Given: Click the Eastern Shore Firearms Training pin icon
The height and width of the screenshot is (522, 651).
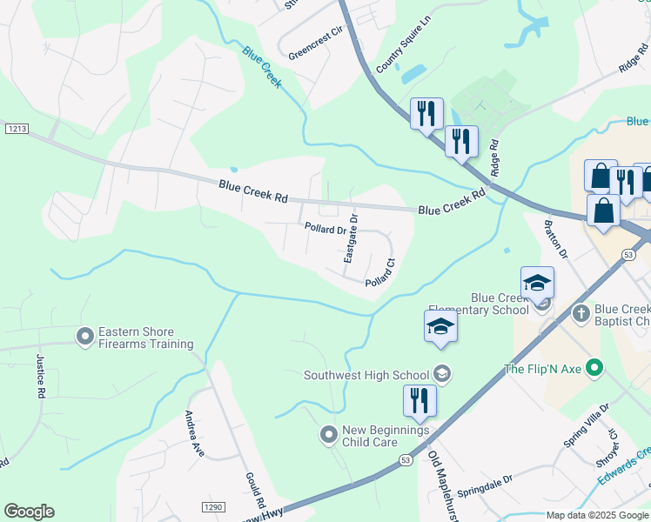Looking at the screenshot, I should [x=85, y=336].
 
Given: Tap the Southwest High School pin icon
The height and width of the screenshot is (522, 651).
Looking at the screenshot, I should [x=442, y=374].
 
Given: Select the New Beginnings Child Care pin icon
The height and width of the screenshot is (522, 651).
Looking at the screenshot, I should [x=328, y=433].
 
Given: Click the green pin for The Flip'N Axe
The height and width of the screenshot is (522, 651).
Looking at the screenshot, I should [x=594, y=369].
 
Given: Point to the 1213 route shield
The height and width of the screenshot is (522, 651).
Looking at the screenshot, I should [x=16, y=129].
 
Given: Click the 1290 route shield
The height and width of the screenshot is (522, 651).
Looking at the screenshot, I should [x=212, y=507].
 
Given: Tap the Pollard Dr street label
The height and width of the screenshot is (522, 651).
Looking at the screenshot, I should [x=325, y=229].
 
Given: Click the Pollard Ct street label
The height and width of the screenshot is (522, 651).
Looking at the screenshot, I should [x=381, y=272].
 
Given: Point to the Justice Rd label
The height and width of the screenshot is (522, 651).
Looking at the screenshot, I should [x=40, y=375].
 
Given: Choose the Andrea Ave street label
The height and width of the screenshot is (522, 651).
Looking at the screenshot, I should [x=193, y=433].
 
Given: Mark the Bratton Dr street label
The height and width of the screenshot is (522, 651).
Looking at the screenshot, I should [x=555, y=239].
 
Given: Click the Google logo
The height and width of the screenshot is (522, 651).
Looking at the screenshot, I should [x=30, y=512].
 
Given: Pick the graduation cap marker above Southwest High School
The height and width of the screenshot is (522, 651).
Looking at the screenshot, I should [x=440, y=327].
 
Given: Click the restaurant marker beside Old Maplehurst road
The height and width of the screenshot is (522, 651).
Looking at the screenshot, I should [x=419, y=402].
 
